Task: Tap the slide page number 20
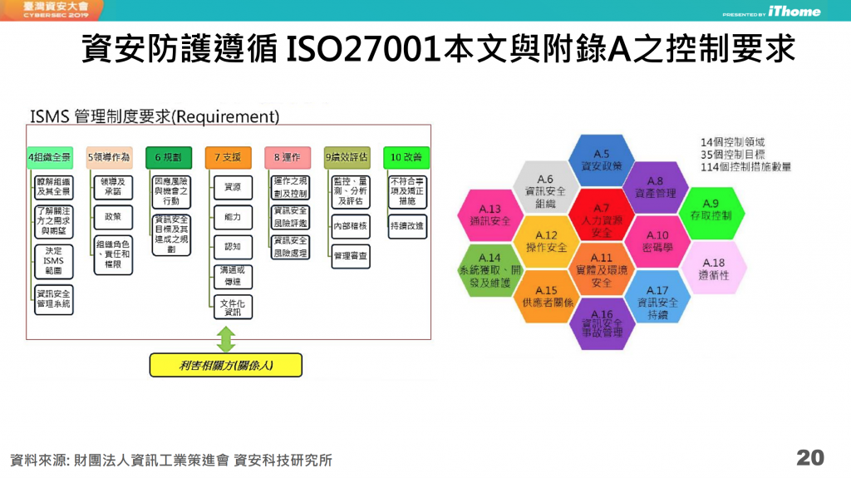coord(809,457)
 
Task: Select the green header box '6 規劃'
coord(169,156)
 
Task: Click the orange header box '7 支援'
coord(228,156)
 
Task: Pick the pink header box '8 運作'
coord(287,156)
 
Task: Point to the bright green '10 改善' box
coord(406,156)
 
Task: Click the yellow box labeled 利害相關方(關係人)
coord(225,364)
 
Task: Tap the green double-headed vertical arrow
coord(226,339)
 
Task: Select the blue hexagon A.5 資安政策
coord(601,159)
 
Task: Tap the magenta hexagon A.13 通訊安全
coord(490,215)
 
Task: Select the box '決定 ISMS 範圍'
coord(53,262)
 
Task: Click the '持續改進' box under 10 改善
coord(406,225)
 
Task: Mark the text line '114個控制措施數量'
coord(745,166)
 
